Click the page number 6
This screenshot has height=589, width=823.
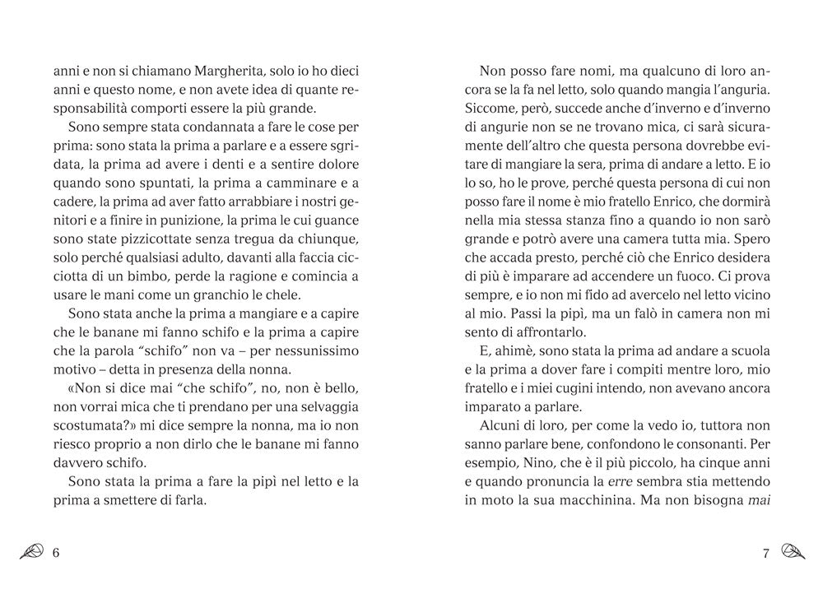(56, 553)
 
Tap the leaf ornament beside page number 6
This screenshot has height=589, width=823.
(33, 553)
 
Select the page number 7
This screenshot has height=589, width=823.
(765, 553)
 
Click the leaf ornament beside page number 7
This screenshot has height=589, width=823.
(792, 553)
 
